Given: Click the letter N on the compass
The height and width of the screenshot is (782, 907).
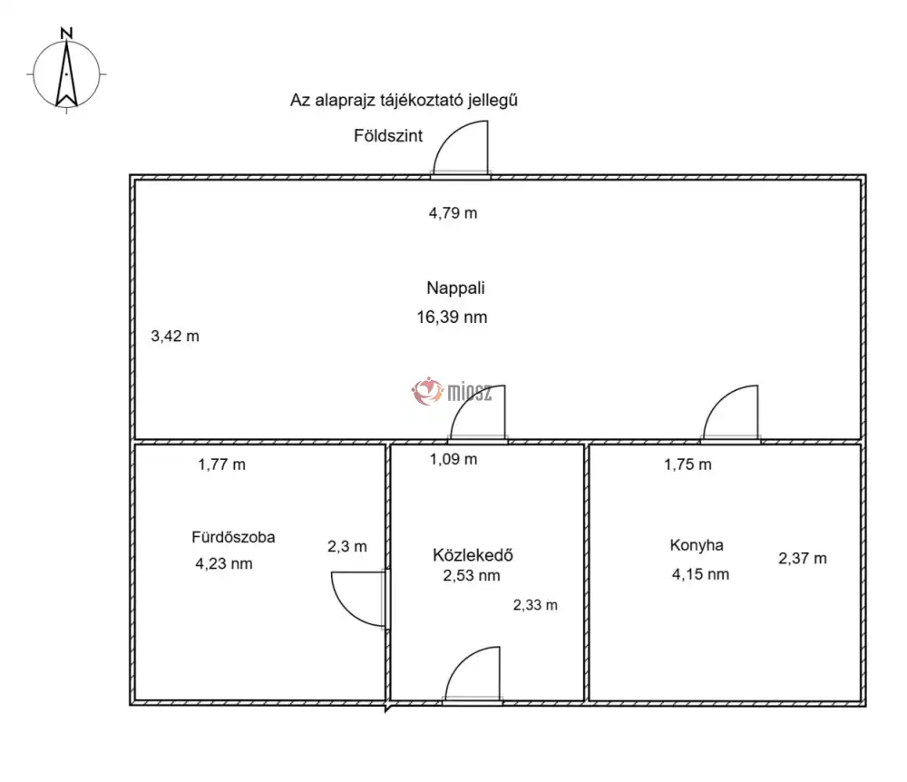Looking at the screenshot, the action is [x=66, y=34].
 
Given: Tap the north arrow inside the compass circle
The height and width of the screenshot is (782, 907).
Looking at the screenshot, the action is [x=66, y=75].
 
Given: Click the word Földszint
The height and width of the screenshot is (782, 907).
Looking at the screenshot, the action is [x=388, y=136].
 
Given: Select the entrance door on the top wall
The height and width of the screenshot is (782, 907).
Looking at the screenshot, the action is [x=461, y=148].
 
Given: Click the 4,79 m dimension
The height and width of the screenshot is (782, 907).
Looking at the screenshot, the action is [x=453, y=213].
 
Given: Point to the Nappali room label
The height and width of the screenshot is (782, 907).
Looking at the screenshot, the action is [x=456, y=288].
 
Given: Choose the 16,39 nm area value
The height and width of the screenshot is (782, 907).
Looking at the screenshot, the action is [x=452, y=317].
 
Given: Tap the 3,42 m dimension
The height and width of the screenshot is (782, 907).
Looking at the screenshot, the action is [x=175, y=336].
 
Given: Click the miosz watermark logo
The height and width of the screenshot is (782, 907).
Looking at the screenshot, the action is [x=452, y=392].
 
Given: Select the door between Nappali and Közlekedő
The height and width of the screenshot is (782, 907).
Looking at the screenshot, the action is [x=478, y=413].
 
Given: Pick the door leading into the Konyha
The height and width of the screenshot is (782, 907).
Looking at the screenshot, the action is [x=730, y=413].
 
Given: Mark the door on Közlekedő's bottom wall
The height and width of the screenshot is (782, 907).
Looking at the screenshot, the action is [x=473, y=674].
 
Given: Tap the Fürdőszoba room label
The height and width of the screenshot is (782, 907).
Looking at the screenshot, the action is [x=233, y=537].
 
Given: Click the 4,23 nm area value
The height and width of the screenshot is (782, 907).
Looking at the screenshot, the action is [x=224, y=564].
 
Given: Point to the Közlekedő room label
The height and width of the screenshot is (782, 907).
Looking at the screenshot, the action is [x=473, y=555].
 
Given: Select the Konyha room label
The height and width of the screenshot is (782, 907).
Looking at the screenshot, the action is [x=697, y=545].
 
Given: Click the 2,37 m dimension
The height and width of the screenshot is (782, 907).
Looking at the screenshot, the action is [x=803, y=559].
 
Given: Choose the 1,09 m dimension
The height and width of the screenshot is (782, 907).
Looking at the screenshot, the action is [x=453, y=460].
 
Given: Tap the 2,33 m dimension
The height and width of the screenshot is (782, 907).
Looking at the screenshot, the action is [x=535, y=606].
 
